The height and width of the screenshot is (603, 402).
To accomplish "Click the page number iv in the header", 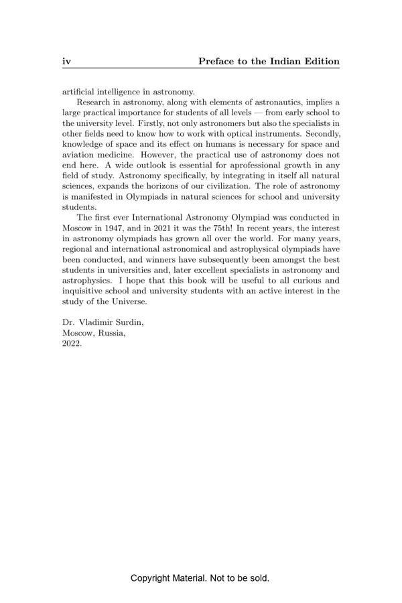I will (x=66, y=62).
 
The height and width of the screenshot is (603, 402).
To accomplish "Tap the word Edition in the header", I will (x=323, y=62).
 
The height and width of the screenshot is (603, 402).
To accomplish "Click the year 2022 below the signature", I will (x=72, y=343).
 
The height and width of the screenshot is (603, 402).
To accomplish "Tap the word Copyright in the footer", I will (x=152, y=578).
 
